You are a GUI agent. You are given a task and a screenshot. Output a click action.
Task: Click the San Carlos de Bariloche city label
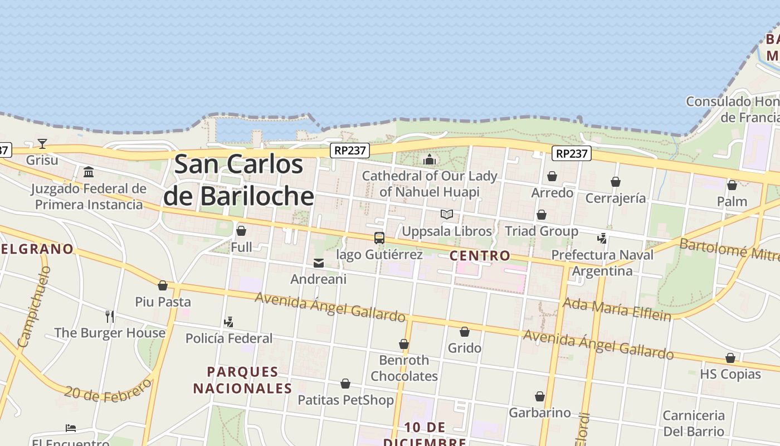[x=239, y=180]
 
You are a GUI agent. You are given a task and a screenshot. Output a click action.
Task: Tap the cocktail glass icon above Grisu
[x=42, y=144]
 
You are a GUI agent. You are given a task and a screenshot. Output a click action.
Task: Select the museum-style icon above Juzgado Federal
[x=88, y=172]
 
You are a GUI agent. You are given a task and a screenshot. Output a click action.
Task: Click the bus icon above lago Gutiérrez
[x=379, y=238]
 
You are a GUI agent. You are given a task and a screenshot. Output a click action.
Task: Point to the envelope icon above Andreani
[x=319, y=263]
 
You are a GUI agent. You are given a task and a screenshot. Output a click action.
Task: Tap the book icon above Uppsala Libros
[x=447, y=214]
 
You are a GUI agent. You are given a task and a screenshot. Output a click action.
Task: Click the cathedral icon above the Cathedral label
[x=430, y=160]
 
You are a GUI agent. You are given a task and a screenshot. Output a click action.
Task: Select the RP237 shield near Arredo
[x=572, y=153]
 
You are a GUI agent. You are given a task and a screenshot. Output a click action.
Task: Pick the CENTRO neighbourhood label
[x=480, y=256]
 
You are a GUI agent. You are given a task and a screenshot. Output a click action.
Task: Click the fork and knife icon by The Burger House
[x=110, y=317]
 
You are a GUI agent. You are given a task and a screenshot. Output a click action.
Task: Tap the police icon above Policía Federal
[x=228, y=322]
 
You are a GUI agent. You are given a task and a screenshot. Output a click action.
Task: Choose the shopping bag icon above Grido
[x=465, y=332]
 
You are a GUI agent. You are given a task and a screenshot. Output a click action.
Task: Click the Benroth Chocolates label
[x=404, y=368]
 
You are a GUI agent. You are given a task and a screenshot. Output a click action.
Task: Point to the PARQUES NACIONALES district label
[x=242, y=380]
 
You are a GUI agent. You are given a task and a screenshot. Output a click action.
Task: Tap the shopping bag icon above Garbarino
[x=540, y=396]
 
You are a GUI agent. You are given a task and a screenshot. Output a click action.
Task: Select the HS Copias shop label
[x=730, y=374]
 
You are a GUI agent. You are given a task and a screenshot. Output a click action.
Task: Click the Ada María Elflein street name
[x=617, y=309]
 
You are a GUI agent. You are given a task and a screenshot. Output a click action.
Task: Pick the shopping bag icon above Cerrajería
[x=616, y=182]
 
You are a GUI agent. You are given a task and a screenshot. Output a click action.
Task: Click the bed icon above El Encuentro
[x=71, y=428]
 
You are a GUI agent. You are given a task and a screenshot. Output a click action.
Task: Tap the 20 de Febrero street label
[x=108, y=390]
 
